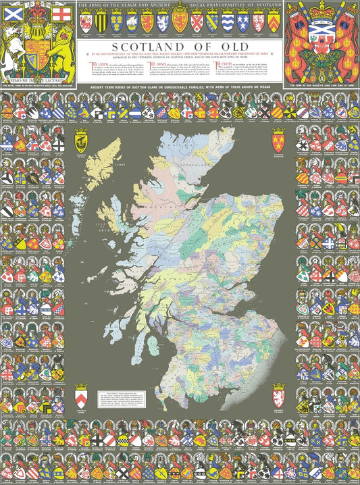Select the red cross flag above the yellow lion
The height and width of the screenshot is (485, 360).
61,14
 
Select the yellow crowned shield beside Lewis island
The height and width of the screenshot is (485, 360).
82,141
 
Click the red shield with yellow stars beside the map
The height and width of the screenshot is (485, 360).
278,140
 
